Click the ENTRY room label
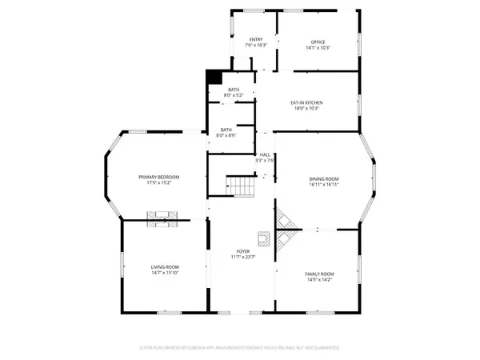256,39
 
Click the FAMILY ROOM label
319,274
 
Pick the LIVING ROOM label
165,267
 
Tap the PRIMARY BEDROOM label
158,177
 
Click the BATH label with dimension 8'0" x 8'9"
227,131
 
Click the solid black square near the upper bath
214,77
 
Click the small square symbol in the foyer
262,236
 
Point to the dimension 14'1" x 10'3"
318,47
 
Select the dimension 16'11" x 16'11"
325,184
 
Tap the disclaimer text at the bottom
239,348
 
